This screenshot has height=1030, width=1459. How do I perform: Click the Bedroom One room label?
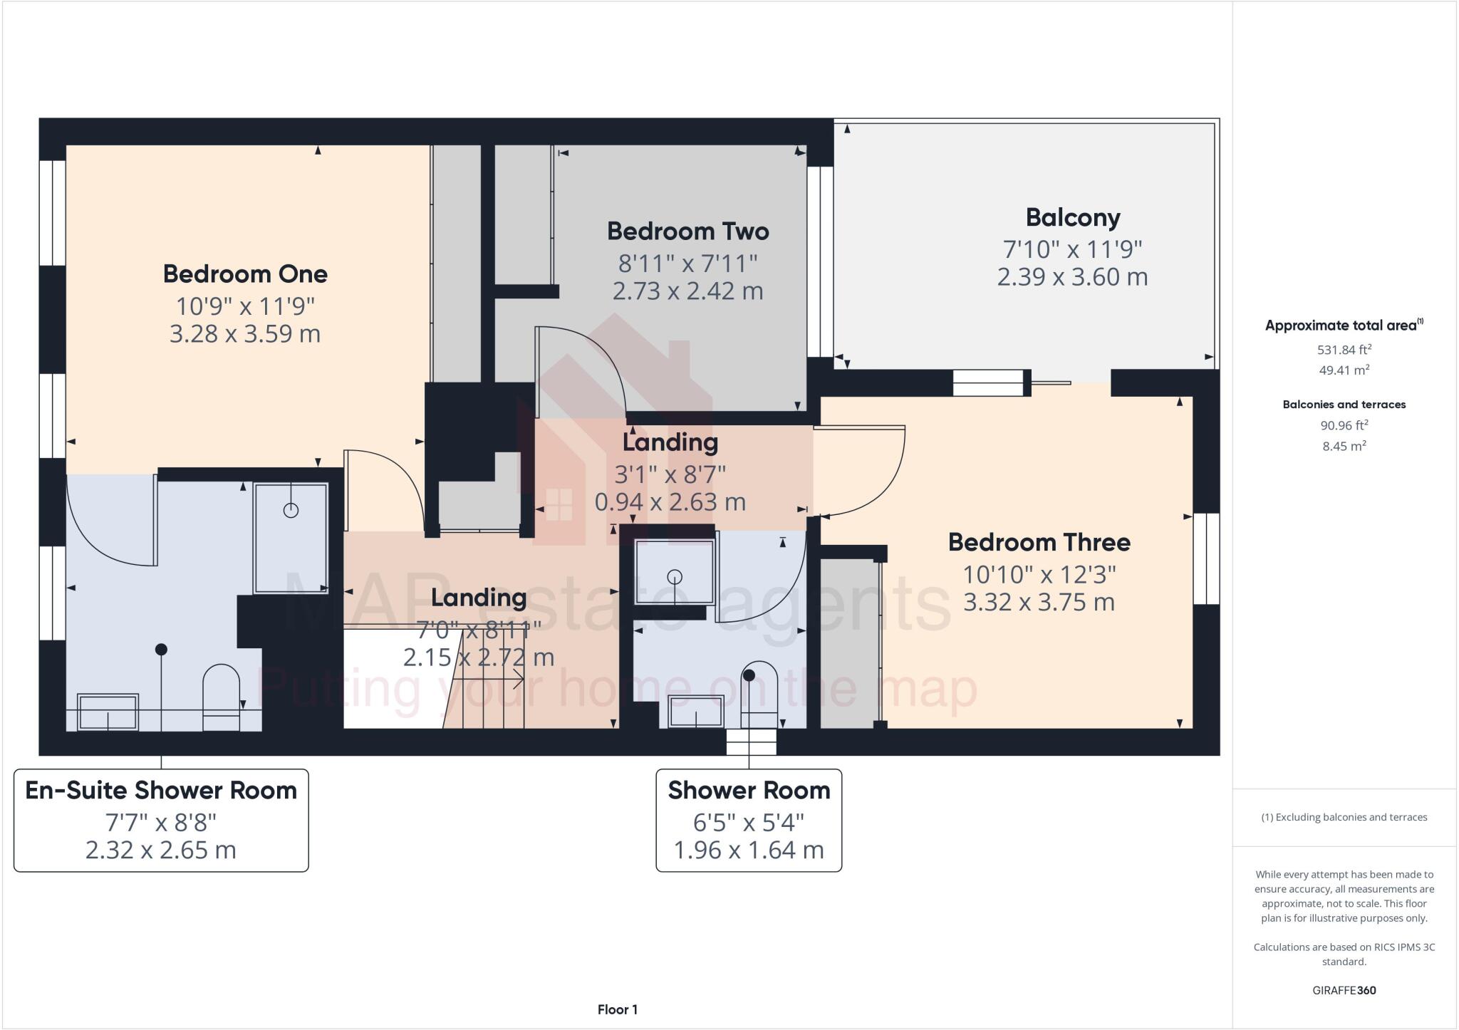tap(245, 274)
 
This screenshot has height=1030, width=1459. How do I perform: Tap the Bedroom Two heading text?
tap(687, 232)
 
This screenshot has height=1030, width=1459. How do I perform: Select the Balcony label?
tap(1072, 218)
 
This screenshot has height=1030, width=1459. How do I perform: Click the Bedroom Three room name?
tap(1039, 543)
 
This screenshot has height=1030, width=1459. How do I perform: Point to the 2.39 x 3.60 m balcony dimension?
tap(1072, 277)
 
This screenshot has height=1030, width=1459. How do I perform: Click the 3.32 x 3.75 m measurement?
tap(1039, 603)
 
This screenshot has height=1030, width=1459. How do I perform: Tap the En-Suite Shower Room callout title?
tap(161, 791)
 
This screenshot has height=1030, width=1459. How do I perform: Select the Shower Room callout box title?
tap(749, 791)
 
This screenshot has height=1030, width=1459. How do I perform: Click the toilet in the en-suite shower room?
tap(221, 697)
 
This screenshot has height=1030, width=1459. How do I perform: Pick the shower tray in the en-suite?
tap(291, 538)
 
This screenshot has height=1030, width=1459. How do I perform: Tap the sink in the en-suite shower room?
tap(108, 712)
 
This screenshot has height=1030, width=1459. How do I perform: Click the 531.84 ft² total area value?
tap(1344, 350)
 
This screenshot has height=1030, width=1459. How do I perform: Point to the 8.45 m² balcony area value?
tap(1344, 447)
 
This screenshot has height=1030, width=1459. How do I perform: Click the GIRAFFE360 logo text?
tap(1344, 990)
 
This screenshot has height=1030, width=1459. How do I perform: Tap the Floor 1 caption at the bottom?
tap(617, 1009)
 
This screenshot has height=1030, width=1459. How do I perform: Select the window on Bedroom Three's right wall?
tap(1206, 558)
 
